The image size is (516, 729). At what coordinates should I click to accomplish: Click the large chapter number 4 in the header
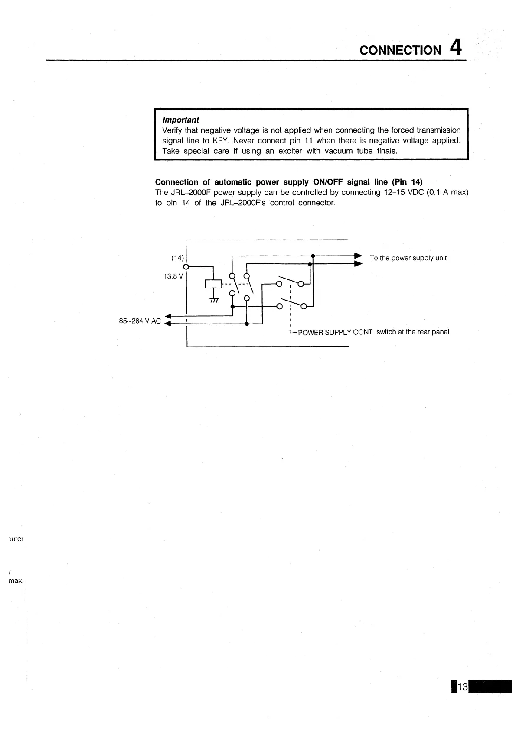tap(456, 47)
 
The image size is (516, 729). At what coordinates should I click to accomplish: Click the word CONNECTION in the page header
tap(400, 50)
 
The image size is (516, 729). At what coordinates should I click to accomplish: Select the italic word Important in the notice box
tap(180, 120)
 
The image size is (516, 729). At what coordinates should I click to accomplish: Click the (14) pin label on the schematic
tap(177, 258)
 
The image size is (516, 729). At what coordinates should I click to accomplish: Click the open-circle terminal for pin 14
tap(186, 266)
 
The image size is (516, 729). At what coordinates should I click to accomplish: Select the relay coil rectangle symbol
tap(213, 284)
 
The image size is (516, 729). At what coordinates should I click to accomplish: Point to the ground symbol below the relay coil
tap(214, 300)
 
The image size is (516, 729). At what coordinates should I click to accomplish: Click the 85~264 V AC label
tap(140, 321)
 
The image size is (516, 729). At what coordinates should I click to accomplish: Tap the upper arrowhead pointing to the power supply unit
tap(359, 255)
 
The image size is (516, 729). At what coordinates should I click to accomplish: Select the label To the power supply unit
tap(408, 258)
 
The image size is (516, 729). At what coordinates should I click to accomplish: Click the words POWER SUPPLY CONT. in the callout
tap(336, 332)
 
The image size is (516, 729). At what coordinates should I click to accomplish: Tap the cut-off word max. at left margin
tap(16, 580)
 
